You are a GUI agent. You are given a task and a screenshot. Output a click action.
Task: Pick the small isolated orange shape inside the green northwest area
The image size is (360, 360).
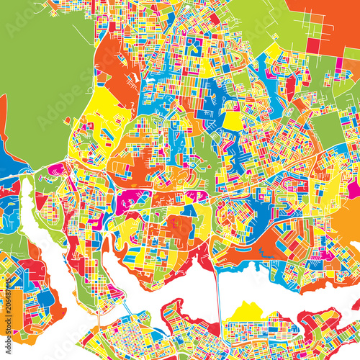66,120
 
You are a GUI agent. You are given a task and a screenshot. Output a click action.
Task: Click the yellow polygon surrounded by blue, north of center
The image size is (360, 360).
232,121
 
